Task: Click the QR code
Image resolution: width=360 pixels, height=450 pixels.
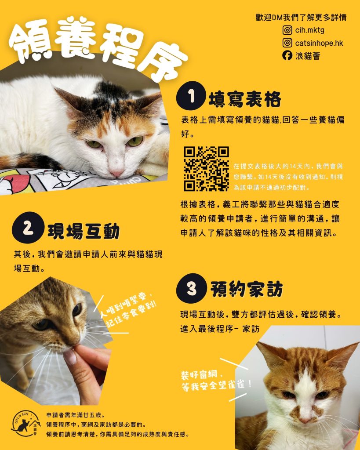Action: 207,169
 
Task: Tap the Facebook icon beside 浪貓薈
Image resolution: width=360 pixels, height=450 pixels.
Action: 287,55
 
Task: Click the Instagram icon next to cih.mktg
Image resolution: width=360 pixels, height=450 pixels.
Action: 287,30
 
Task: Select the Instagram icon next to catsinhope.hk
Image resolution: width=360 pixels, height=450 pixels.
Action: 287,43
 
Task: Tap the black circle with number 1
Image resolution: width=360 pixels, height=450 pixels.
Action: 191,96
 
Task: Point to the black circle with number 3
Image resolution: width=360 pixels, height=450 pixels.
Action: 192,288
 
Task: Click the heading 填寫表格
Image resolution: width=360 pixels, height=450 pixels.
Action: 244,99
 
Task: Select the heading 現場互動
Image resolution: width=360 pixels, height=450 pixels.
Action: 84,231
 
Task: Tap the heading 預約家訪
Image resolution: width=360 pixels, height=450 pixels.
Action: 247,289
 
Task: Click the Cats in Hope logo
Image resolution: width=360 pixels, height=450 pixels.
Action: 26,424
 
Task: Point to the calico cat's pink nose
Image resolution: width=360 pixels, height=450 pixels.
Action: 117,173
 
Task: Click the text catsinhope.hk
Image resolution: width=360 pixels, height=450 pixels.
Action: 319,43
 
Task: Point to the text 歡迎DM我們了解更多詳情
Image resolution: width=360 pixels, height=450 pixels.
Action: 301,17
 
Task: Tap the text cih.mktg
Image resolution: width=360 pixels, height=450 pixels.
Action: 310,30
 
